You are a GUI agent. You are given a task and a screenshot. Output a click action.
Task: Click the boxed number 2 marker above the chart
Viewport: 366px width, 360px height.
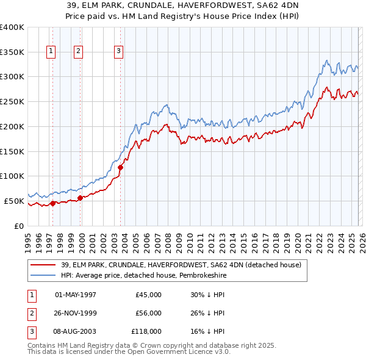coord(79,52)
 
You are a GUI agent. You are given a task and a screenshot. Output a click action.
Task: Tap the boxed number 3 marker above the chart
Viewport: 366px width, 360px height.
coord(119,52)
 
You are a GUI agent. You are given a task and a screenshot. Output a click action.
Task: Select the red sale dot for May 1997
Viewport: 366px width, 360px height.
coord(52,204)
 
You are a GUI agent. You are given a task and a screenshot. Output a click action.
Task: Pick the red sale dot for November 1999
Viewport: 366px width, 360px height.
coord(81,198)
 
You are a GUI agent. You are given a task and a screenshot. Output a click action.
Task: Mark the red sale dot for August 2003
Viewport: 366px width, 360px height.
coord(120,167)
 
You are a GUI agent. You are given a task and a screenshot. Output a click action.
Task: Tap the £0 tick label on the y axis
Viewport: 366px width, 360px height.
coord(18,226)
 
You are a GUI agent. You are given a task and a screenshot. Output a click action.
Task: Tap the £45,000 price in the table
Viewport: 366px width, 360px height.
coord(148,295)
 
